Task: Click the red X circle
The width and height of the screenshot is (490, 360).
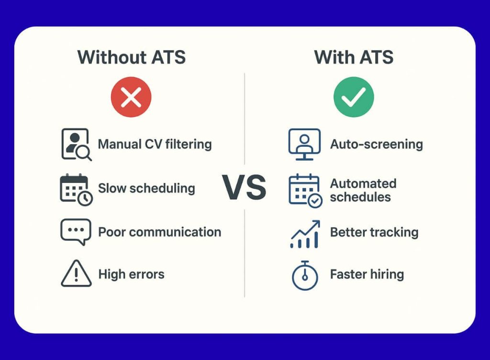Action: pyautogui.click(x=131, y=98)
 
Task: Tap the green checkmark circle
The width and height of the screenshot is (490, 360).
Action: pyautogui.click(x=354, y=98)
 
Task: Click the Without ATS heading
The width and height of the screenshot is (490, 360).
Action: pyautogui.click(x=131, y=57)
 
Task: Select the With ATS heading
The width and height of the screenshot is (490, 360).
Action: pyautogui.click(x=354, y=57)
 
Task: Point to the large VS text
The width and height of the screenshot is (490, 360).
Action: pyautogui.click(x=244, y=187)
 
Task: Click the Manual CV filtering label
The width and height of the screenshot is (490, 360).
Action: pyautogui.click(x=155, y=144)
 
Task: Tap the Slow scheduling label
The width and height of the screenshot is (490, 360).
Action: pyautogui.click(x=146, y=188)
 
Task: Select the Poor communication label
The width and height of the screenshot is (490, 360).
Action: pyautogui.click(x=159, y=232)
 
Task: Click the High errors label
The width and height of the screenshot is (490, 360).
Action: pyautogui.click(x=131, y=274)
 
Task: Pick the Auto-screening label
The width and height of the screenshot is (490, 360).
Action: pyautogui.click(x=376, y=144)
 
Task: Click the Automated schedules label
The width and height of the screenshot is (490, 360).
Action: pyautogui.click(x=363, y=190)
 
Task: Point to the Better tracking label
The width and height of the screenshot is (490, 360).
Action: pyautogui.click(x=374, y=232)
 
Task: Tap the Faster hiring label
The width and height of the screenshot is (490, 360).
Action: pyautogui.click(x=367, y=274)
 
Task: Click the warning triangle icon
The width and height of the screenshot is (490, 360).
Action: pyautogui.click(x=76, y=274)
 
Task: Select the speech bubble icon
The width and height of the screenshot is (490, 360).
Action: pyautogui.click(x=76, y=232)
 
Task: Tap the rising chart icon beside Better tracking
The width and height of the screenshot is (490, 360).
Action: pyautogui.click(x=305, y=234)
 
